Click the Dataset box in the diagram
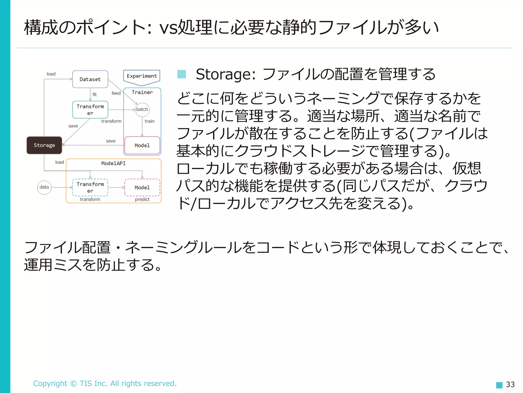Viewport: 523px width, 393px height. click(90, 79)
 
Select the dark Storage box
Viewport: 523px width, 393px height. click(44, 145)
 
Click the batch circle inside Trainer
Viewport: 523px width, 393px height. click(142, 110)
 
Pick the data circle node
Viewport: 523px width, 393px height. click(44, 187)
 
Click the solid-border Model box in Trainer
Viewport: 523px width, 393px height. click(142, 145)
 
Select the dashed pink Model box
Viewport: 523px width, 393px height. click(142, 188)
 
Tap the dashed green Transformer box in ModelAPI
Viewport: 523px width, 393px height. click(90, 188)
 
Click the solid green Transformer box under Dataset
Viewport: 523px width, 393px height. click(90, 110)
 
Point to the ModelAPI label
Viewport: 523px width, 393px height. click(113, 163)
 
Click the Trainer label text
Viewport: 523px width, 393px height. click(142, 92)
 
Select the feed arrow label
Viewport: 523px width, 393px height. click(116, 93)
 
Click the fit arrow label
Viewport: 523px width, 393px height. click(94, 94)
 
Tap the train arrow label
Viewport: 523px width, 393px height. click(149, 121)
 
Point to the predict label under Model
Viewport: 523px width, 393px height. click(142, 199)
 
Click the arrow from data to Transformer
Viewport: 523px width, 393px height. click(62, 188)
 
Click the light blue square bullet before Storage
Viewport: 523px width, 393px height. click(182, 74)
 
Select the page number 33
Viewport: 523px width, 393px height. click(510, 384)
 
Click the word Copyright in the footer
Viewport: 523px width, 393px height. click(50, 384)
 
